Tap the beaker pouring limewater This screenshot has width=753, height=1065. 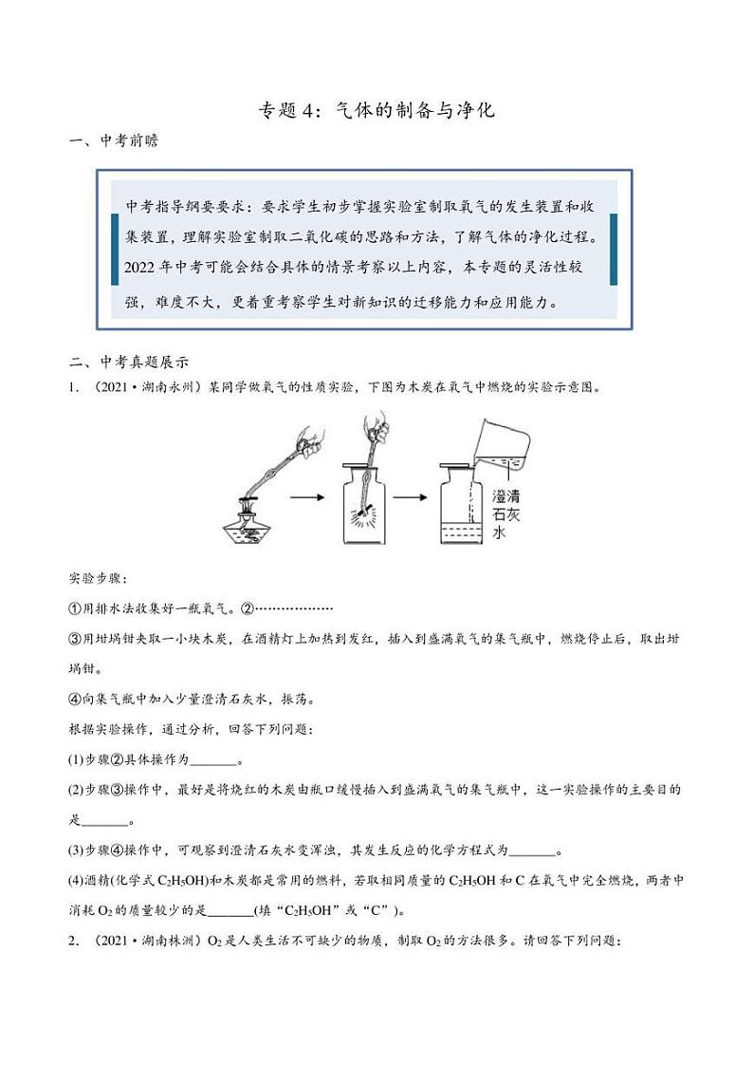click(x=500, y=437)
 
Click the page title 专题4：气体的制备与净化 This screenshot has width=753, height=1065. click(x=376, y=110)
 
